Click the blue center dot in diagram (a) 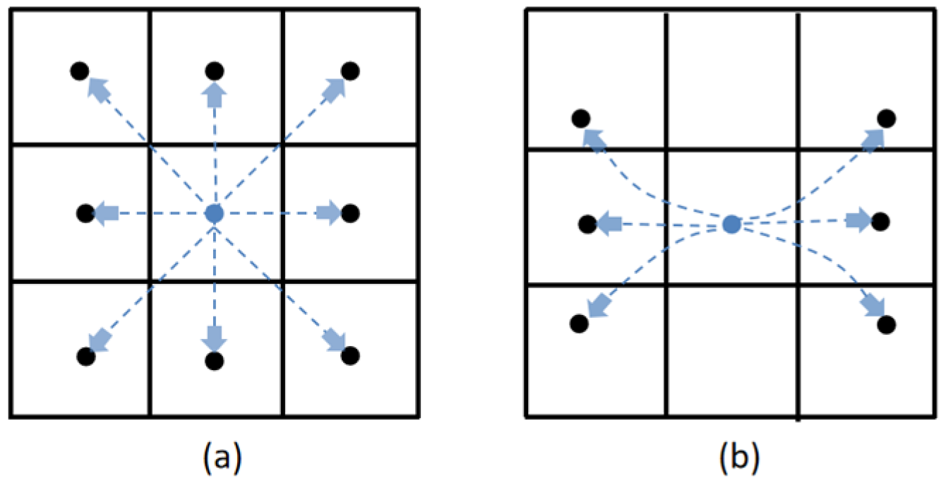(214, 213)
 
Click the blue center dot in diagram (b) (732, 225)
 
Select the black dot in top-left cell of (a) (80, 71)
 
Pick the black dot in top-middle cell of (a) (215, 71)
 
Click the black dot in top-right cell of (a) (350, 71)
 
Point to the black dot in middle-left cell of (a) (85, 213)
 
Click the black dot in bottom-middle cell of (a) (215, 360)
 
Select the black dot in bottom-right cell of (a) (349, 355)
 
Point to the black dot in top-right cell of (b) (887, 118)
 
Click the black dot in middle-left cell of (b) (587, 225)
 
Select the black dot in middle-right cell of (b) (880, 222)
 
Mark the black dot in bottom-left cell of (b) (579, 323)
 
